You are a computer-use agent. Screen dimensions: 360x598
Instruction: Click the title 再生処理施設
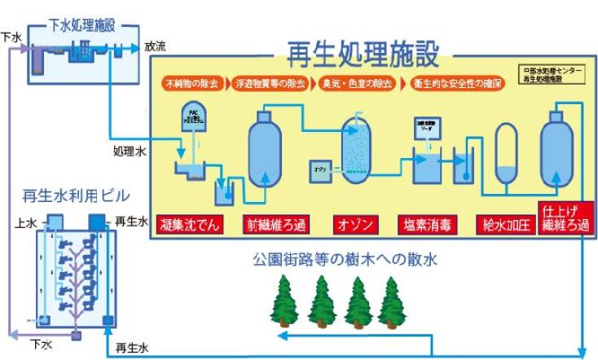click(363, 55)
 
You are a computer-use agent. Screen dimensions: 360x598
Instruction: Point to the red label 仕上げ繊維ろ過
click(564, 218)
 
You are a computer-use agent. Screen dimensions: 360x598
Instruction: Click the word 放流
click(155, 47)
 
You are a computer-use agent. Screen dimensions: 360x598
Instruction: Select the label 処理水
click(128, 150)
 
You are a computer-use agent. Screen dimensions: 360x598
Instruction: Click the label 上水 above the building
click(25, 221)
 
